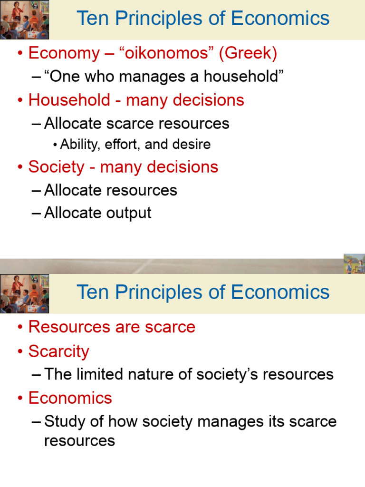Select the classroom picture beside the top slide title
click(24, 19)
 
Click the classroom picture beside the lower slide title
click(24, 293)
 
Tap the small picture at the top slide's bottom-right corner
click(354, 263)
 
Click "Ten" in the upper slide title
click(92, 19)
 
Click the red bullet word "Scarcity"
click(58, 351)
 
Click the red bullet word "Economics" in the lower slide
click(70, 398)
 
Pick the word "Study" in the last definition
click(63, 421)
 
